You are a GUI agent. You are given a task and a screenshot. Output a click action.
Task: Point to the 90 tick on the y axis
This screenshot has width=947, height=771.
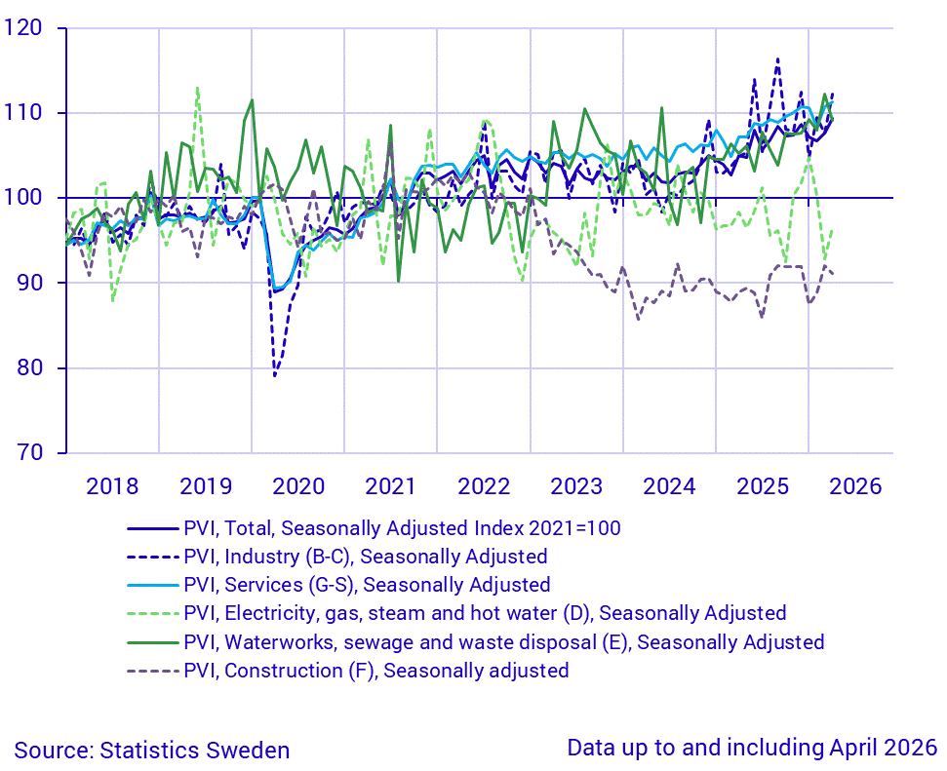[29, 283]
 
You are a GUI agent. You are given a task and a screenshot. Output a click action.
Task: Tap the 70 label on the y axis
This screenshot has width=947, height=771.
[29, 452]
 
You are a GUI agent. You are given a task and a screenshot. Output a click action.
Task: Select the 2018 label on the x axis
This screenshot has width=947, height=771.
[112, 486]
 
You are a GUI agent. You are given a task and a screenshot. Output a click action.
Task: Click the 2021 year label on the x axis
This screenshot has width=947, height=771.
[390, 486]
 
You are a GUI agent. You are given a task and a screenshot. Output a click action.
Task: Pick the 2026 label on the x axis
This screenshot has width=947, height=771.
[855, 486]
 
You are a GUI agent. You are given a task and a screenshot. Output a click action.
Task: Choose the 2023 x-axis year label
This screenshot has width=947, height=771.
[576, 486]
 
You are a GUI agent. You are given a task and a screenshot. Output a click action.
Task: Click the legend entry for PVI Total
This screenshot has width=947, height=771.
[374, 528]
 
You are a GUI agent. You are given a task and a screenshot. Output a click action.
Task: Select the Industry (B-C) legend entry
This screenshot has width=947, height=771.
[337, 557]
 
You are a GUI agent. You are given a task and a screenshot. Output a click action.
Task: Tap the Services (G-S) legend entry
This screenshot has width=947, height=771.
[338, 585]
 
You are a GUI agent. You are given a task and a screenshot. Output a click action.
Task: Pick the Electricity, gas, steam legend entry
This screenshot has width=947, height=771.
[456, 613]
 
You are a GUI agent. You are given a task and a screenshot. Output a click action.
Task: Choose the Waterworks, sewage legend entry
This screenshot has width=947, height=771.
[476, 641]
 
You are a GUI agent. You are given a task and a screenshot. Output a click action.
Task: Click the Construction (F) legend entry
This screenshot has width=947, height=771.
[348, 671]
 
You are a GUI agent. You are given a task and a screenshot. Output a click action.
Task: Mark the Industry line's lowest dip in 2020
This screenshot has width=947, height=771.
[275, 376]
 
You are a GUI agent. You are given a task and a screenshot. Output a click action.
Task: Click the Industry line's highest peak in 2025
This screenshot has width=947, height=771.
[777, 59]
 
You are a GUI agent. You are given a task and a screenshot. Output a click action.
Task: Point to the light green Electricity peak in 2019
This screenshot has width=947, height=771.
[197, 88]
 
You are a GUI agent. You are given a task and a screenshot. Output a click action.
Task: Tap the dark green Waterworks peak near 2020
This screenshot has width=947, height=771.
[252, 100]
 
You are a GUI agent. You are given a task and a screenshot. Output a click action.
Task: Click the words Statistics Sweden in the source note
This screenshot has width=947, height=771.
[194, 751]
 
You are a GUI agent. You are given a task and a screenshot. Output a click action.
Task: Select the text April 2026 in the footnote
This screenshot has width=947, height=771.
[883, 748]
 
